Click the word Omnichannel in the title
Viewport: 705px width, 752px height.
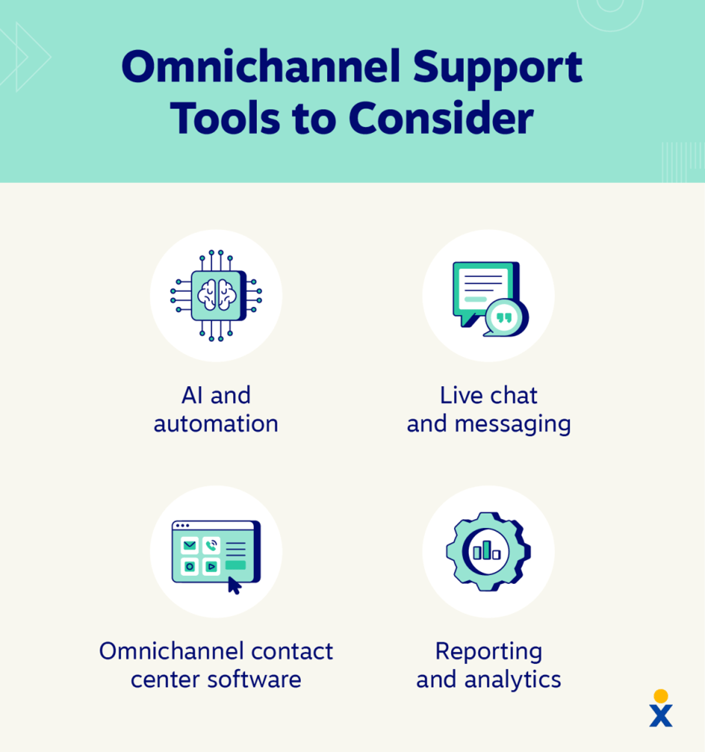261,66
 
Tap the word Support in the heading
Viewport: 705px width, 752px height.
498,69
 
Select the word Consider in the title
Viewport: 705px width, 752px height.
441,118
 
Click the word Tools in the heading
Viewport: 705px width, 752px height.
225,118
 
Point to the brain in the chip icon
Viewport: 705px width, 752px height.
217,295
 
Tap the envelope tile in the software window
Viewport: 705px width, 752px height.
190,545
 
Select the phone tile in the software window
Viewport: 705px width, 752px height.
211,545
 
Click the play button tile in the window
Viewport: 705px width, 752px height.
211,567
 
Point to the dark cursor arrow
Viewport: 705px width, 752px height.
234,586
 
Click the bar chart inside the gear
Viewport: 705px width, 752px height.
487,551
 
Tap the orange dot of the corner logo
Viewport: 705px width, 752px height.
661,696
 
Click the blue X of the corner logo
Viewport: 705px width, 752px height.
661,716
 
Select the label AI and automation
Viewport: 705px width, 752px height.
216,409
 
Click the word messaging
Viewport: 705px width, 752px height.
513,425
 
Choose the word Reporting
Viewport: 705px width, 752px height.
489,653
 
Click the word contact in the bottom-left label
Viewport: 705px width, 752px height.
292,651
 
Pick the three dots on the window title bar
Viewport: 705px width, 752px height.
182,526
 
